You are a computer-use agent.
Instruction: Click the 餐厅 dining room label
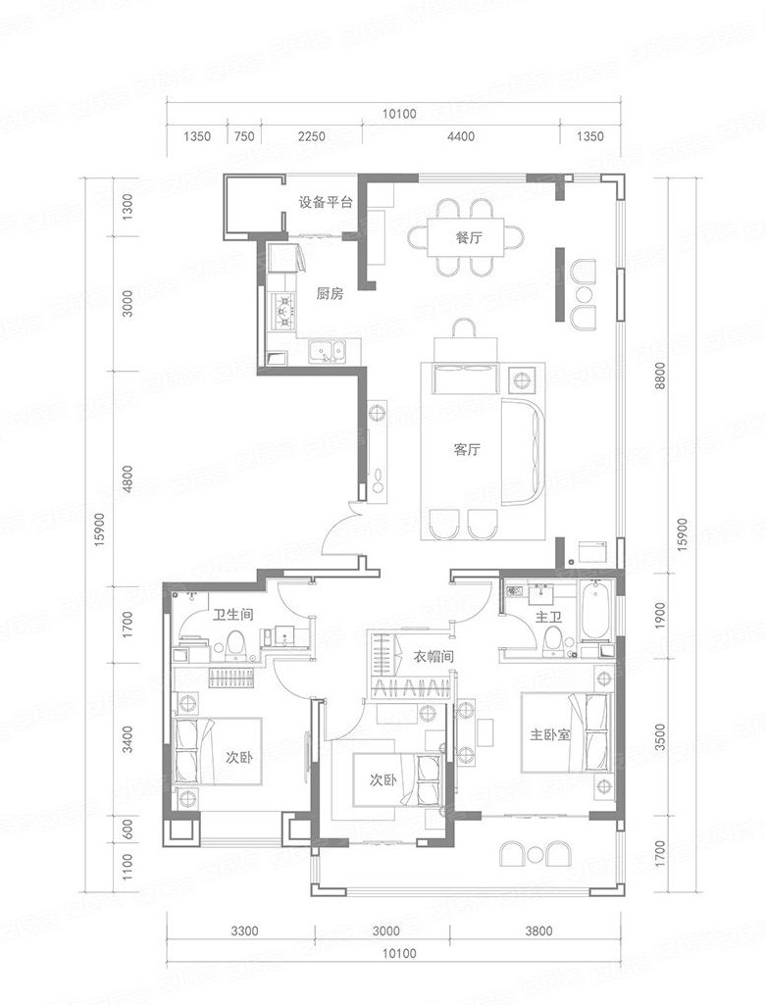pos(469,238)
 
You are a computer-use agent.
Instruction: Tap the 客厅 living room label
pos(467,449)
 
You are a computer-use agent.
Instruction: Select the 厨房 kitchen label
pos(331,294)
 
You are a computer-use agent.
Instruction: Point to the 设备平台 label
pos(326,203)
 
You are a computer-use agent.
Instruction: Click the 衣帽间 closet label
pos(434,656)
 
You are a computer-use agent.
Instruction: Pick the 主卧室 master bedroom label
pos(549,734)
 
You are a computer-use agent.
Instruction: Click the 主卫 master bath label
pos(548,618)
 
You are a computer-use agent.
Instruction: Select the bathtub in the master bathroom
pos(595,611)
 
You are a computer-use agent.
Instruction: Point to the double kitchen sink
pos(327,351)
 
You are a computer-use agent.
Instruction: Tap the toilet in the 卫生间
pos(236,645)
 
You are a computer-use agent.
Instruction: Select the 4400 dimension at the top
pos(461,136)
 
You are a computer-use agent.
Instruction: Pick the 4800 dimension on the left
pos(128,478)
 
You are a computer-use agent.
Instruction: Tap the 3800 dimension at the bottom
pos(537,930)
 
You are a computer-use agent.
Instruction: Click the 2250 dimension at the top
pos(312,136)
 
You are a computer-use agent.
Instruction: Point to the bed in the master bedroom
pos(564,732)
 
